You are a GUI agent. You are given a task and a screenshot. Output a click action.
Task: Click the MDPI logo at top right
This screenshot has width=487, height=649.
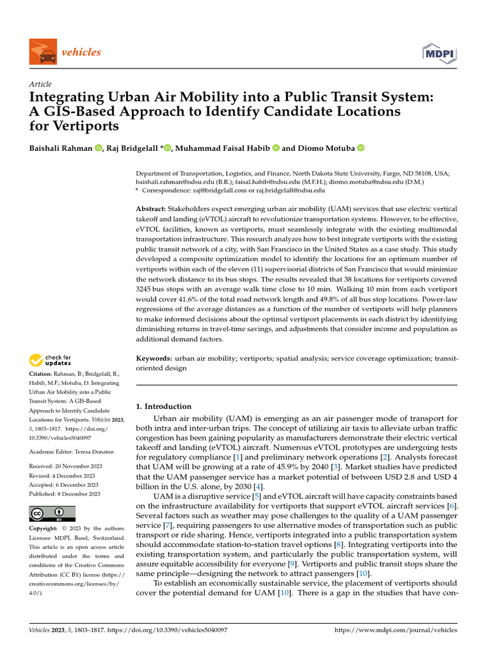pyautogui.click(x=439, y=52)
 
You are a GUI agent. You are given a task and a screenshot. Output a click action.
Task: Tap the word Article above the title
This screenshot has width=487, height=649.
pyautogui.click(x=41, y=84)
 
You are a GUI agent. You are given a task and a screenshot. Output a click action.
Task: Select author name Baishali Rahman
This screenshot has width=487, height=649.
pyautogui.click(x=61, y=148)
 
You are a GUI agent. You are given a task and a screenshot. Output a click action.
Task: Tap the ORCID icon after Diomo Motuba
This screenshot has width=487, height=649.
pyautogui.click(x=361, y=148)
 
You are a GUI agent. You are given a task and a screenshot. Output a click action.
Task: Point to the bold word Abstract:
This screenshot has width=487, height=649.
pyautogui.click(x=152, y=209)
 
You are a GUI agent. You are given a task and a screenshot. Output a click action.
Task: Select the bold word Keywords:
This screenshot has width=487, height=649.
pyautogui.click(x=154, y=359)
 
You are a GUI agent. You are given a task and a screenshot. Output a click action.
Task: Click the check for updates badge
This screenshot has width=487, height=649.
pyautogui.click(x=51, y=361)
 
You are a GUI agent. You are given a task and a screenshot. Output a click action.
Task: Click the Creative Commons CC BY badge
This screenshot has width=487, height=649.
pyautogui.click(x=52, y=513)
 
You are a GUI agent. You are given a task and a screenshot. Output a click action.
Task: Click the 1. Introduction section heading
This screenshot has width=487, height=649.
pyautogui.click(x=164, y=406)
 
